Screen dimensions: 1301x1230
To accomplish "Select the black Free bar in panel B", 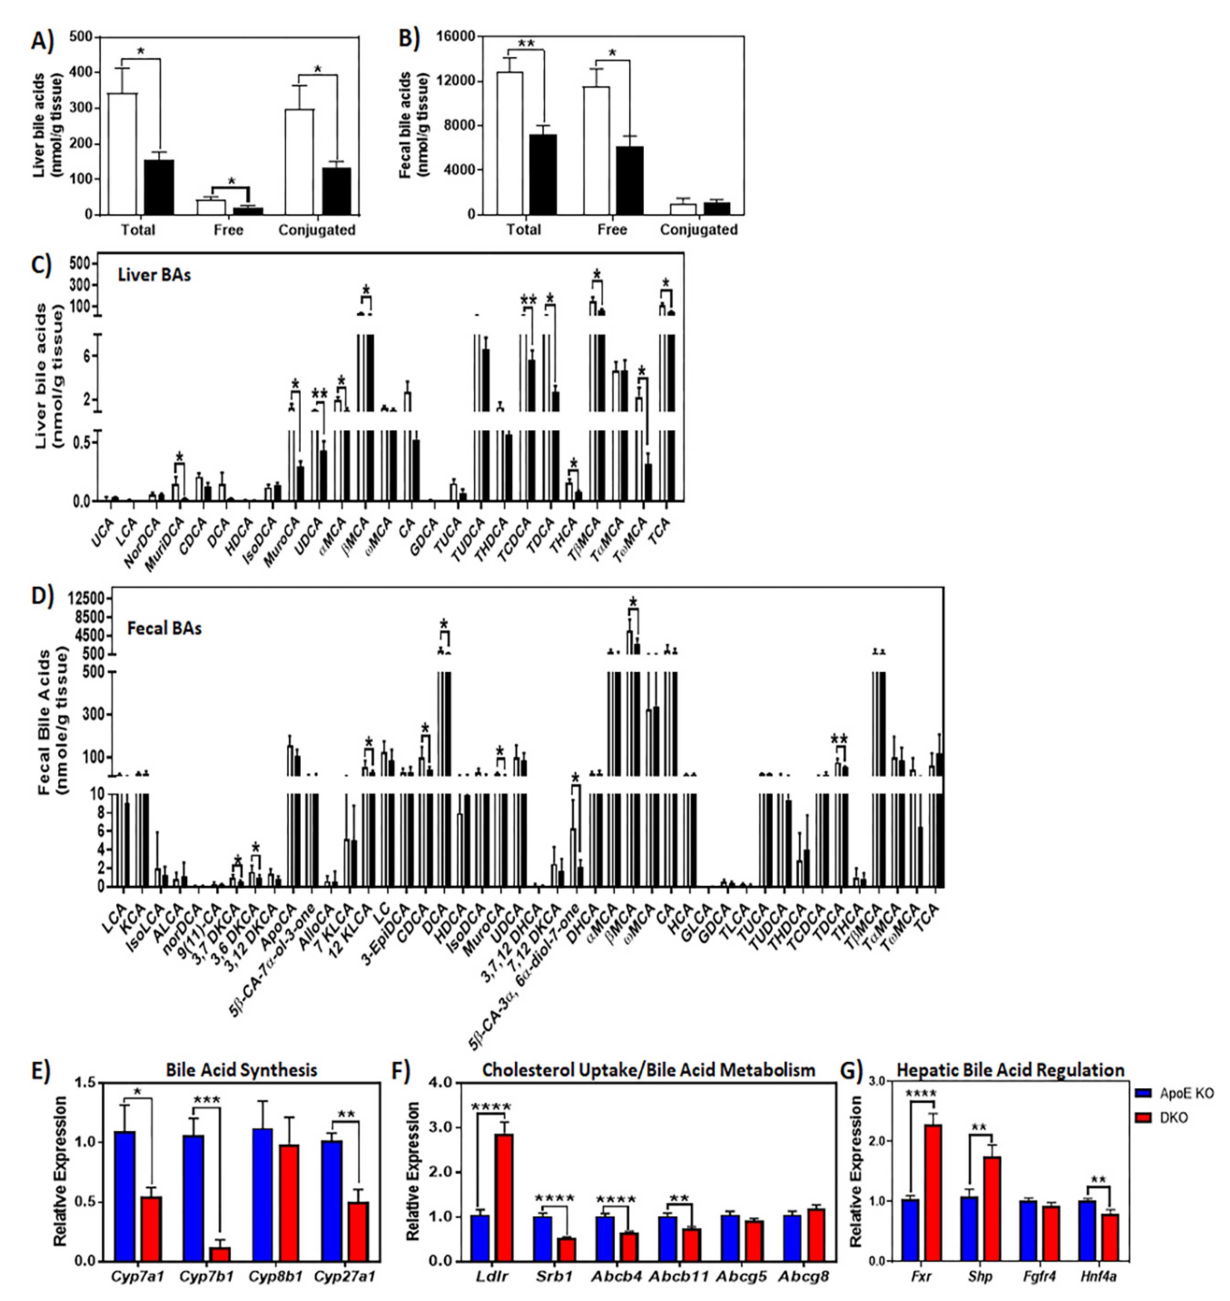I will [629, 180].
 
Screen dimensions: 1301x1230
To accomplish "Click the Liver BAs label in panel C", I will [154, 275].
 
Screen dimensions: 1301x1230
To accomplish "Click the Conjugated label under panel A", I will [317, 230].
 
